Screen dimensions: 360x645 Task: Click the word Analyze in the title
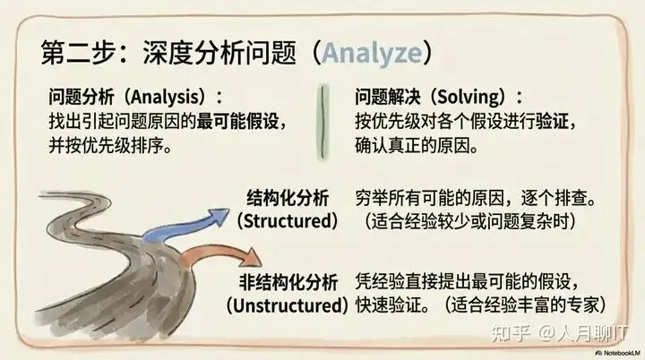(x=372, y=52)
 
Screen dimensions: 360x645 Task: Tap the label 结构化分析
(x=288, y=198)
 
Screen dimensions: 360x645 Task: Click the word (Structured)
(x=288, y=220)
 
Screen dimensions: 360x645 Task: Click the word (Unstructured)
(x=288, y=305)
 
